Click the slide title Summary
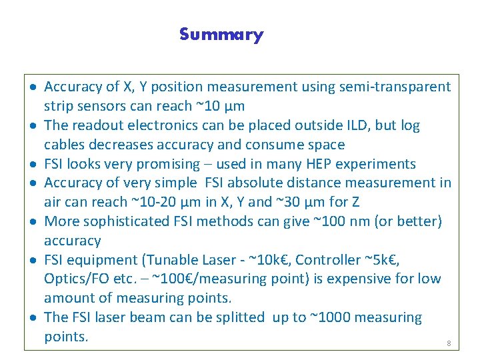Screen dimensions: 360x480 click(x=221, y=35)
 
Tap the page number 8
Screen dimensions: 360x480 click(x=449, y=343)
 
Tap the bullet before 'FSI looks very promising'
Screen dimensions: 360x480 click(x=33, y=165)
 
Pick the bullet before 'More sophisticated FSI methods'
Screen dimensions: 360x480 click(x=33, y=222)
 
